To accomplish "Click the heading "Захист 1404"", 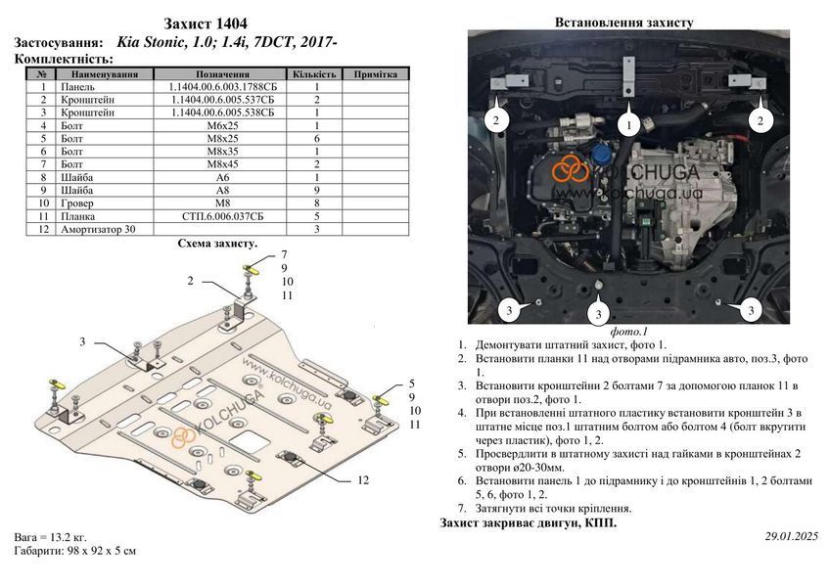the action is [x=206, y=23].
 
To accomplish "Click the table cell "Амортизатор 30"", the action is [x=98, y=229].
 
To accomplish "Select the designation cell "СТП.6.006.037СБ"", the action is [x=222, y=216].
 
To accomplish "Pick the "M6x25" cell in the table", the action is [x=222, y=126].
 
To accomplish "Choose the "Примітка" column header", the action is [x=375, y=74].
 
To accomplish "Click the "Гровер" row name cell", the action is [x=77, y=203].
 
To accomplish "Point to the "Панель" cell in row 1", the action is [x=78, y=87].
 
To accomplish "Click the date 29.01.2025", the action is [x=792, y=536].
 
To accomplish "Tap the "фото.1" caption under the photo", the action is [x=628, y=332].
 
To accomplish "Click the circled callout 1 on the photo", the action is [x=628, y=125].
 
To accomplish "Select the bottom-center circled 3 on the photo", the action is [x=599, y=314].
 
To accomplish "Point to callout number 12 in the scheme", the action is [x=363, y=480].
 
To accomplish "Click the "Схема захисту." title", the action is [x=217, y=244].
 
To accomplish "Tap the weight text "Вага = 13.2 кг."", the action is [x=50, y=537].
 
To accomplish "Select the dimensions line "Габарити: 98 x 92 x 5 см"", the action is [x=75, y=551].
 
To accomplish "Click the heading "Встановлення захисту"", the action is [x=623, y=23].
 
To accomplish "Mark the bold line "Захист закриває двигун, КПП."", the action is [x=529, y=523].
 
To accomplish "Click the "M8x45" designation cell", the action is [x=222, y=164].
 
